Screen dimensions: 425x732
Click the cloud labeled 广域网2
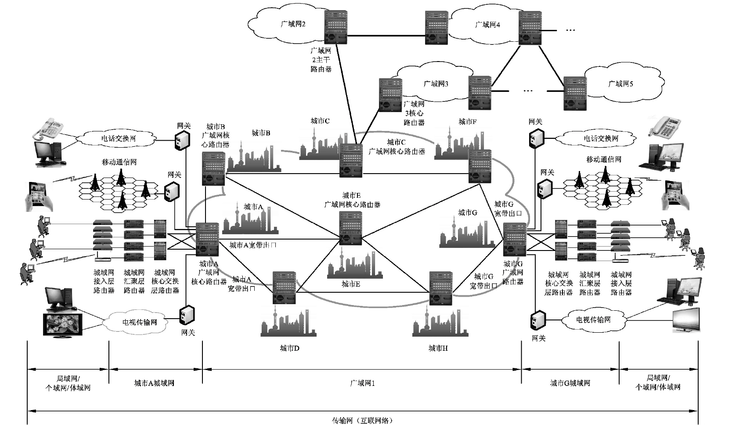[288, 25]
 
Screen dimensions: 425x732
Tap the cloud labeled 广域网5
[620, 84]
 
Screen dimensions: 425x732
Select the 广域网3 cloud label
[436, 84]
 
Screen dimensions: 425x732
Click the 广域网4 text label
[487, 25]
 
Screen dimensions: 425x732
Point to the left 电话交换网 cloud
[119, 138]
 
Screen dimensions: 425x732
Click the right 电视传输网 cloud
[593, 320]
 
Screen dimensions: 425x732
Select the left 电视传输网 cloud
[139, 322]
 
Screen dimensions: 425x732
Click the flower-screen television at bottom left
[62, 324]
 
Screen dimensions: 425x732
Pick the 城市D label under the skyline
[289, 349]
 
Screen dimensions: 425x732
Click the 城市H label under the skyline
[438, 349]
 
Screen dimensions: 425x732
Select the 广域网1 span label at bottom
[362, 383]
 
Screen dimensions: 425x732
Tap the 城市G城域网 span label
[570, 383]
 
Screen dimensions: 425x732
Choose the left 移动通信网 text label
[119, 162]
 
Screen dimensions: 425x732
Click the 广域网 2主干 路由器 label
[321, 60]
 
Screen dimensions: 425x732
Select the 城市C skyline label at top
[320, 121]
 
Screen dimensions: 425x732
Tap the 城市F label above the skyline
[468, 122]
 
